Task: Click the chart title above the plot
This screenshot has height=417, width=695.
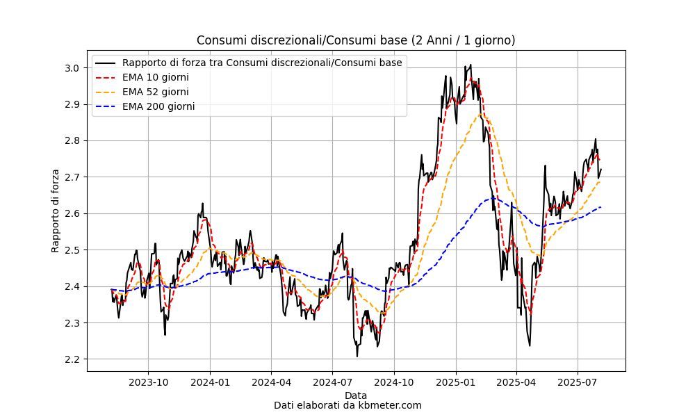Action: click(x=356, y=40)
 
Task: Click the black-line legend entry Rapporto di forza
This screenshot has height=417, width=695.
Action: click(x=262, y=63)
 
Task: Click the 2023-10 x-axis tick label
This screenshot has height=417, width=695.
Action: click(x=149, y=382)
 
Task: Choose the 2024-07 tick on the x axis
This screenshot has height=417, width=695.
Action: click(x=332, y=382)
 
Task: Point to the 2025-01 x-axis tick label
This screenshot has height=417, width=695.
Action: click(x=456, y=382)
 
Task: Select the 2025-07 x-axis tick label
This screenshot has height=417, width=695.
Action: click(x=578, y=382)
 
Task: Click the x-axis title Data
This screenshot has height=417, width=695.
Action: click(x=356, y=395)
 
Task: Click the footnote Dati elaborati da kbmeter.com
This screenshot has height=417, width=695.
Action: click(x=347, y=405)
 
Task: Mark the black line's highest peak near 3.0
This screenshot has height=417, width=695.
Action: click(x=471, y=65)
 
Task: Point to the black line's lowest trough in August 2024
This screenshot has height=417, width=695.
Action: click(x=357, y=356)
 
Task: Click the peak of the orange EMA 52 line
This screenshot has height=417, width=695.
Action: click(x=480, y=115)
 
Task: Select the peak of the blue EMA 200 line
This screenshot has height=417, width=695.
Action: click(x=493, y=197)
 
